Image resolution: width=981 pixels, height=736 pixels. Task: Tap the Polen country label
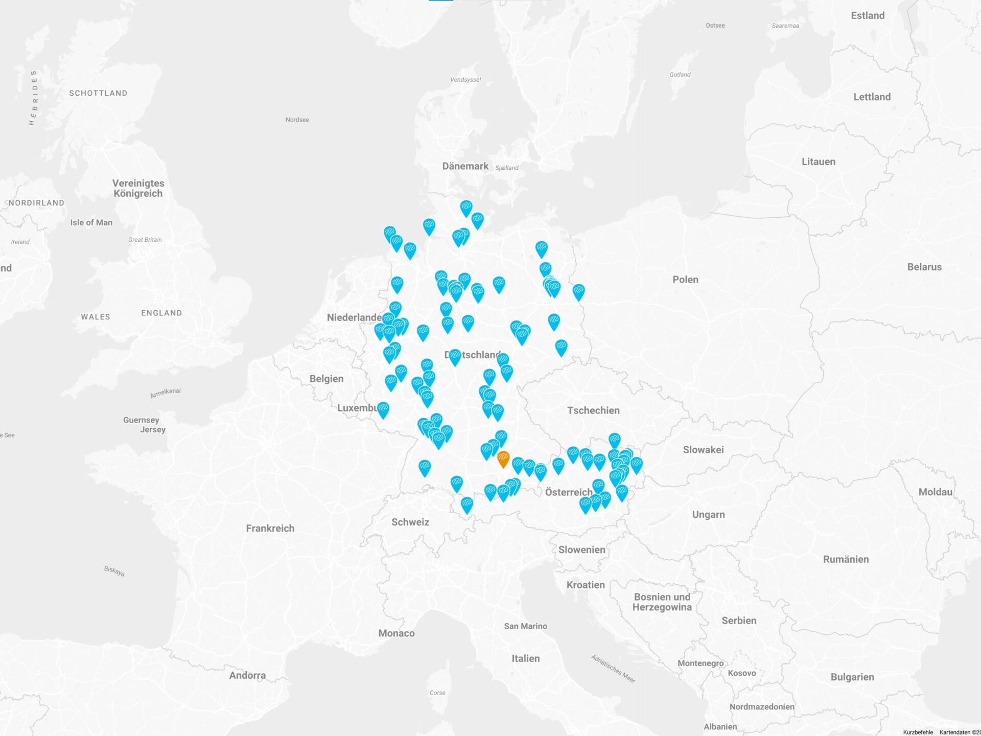point(685,280)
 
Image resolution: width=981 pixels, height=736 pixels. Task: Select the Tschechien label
point(593,410)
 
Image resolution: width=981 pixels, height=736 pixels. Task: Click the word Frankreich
point(270,528)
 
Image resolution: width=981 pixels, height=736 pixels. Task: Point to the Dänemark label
point(465,166)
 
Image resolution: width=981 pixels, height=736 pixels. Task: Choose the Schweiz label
point(410,522)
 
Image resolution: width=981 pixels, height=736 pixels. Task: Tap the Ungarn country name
point(708,515)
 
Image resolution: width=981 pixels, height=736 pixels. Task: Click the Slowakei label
point(703,450)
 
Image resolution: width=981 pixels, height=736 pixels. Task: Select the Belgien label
point(326,379)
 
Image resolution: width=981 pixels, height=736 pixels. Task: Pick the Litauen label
point(819,162)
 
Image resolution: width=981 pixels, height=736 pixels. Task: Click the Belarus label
point(924,267)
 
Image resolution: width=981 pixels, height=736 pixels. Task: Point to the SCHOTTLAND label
point(98,93)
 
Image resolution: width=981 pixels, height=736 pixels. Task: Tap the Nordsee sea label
point(297,120)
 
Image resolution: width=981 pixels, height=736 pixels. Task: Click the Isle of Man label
point(91,222)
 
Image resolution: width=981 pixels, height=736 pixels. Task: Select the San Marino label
point(525,626)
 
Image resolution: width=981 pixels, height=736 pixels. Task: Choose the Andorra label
point(247,675)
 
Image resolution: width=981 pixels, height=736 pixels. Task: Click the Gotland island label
point(680,75)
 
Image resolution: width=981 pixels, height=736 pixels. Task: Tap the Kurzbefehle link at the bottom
point(918,732)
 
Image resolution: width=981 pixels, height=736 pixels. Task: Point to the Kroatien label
point(586,585)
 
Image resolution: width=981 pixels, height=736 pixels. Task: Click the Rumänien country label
point(846,559)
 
